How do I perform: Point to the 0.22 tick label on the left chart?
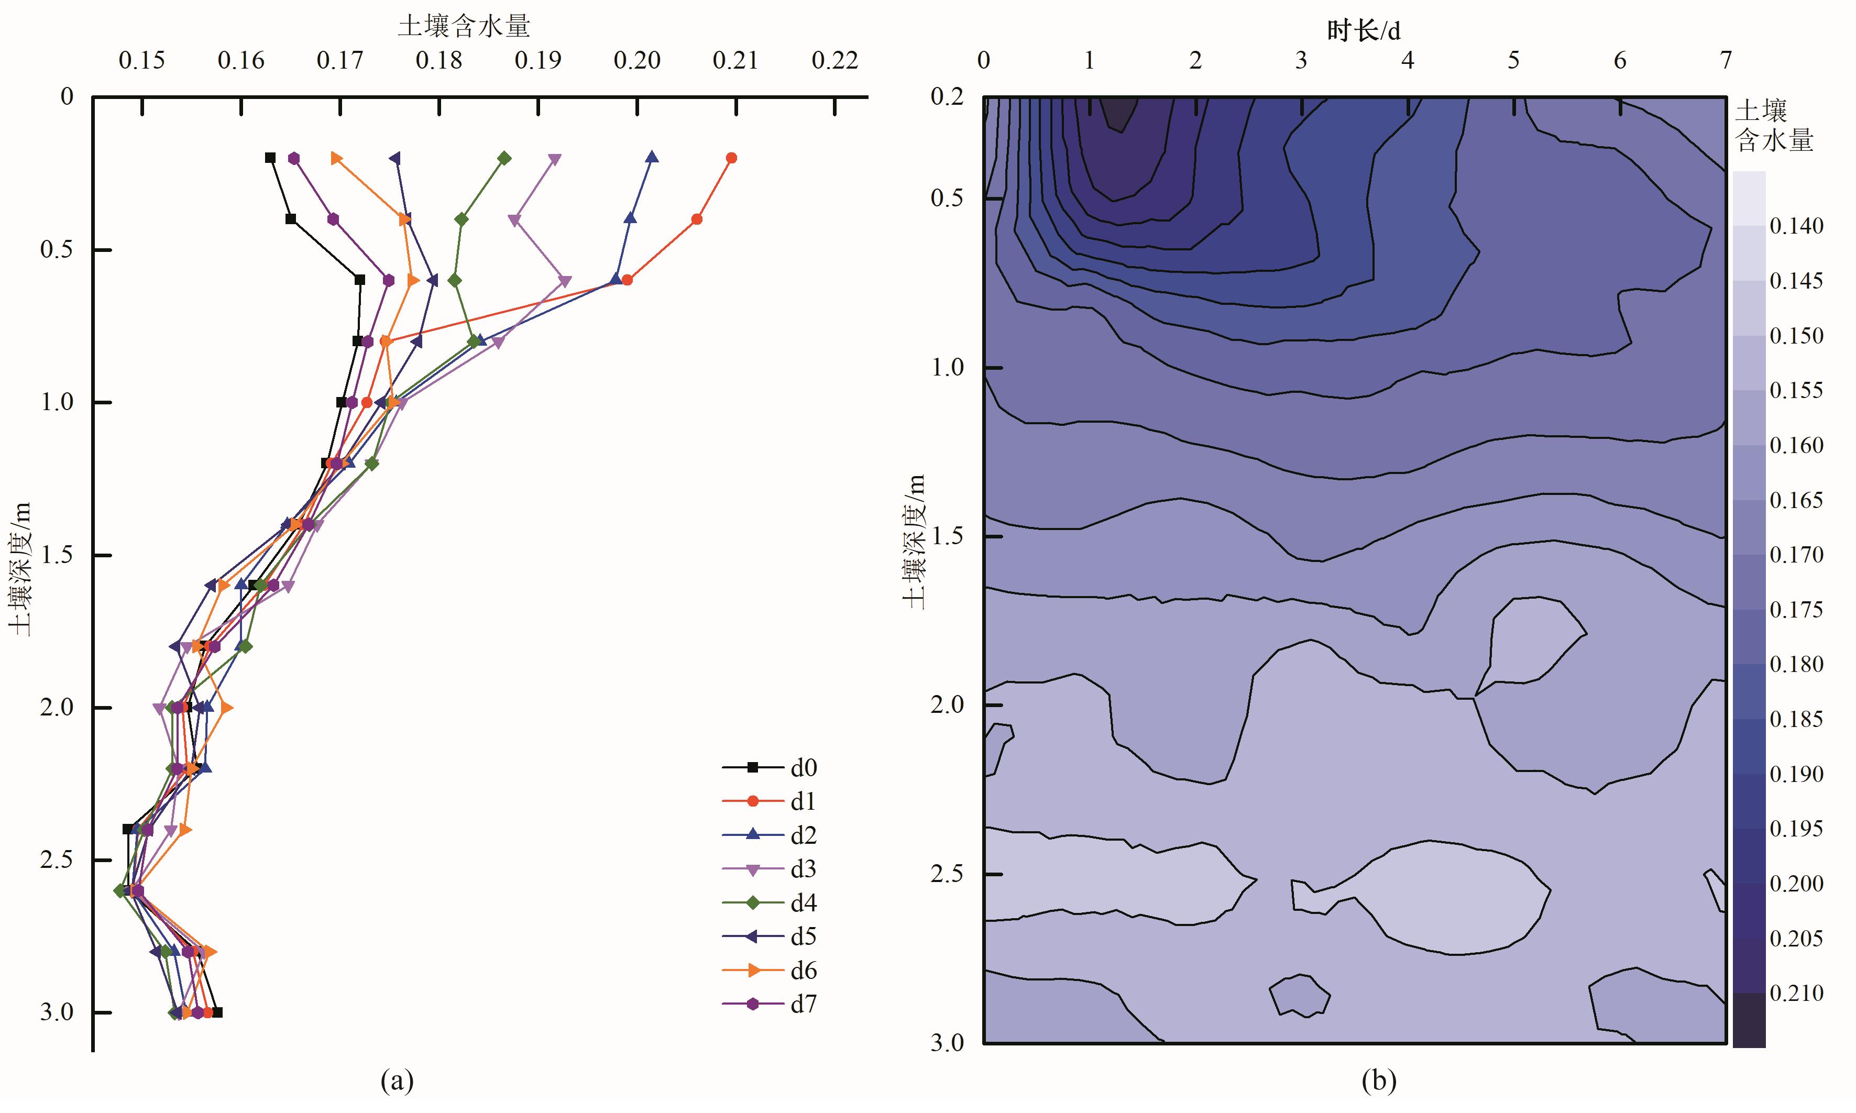pyautogui.click(x=834, y=61)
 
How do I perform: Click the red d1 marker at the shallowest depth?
pyautogui.click(x=732, y=158)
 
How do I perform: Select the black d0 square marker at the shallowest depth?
pyautogui.click(x=270, y=158)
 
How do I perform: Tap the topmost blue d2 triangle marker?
pyautogui.click(x=652, y=158)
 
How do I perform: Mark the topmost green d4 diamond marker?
pyautogui.click(x=504, y=158)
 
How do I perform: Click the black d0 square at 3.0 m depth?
pyautogui.click(x=217, y=1012)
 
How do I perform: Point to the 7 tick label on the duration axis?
pyautogui.click(x=1726, y=60)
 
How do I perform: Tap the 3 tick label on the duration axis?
pyautogui.click(x=1301, y=60)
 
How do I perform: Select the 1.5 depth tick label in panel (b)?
pyautogui.click(x=947, y=536)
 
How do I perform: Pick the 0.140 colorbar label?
pyautogui.click(x=1796, y=226)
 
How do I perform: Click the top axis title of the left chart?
pyautogui.click(x=464, y=26)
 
